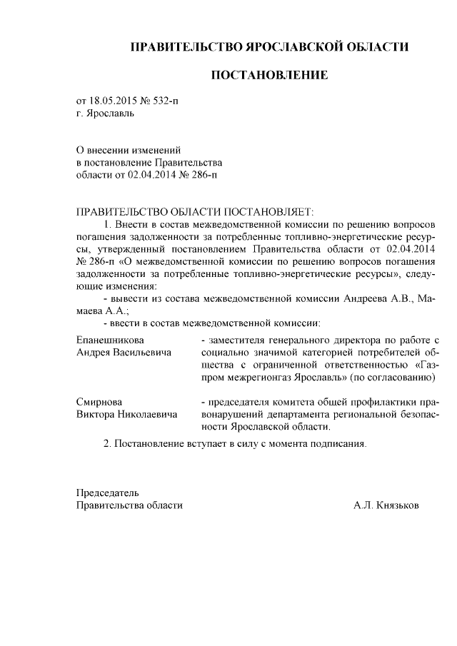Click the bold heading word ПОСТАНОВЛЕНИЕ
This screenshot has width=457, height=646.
coord(268,74)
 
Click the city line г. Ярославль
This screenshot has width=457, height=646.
coord(105,113)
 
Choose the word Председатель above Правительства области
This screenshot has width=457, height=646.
coord(108,493)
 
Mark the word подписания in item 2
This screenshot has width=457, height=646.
coord(342,443)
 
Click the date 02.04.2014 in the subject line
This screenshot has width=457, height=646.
coord(153,174)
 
